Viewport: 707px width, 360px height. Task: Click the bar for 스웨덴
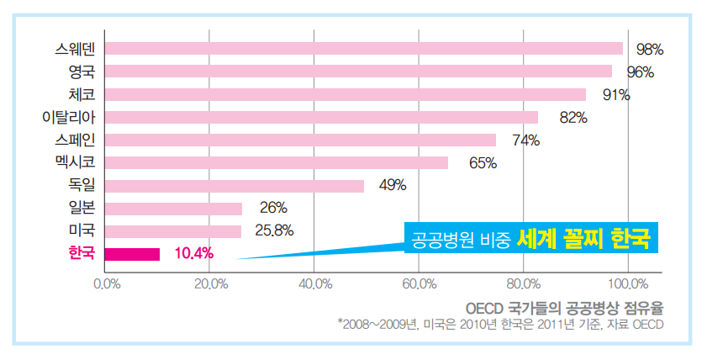[x=363, y=48]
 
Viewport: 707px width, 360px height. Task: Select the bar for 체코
[x=345, y=94]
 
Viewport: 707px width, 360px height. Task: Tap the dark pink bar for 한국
[x=132, y=253]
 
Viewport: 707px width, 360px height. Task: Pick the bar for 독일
[x=234, y=185]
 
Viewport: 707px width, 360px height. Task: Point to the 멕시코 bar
[x=276, y=162]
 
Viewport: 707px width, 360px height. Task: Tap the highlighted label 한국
[x=82, y=252]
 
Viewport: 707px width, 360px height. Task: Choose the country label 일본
[x=82, y=208]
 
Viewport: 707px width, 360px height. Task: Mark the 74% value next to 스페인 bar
[x=525, y=140]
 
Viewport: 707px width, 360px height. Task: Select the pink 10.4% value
[x=194, y=253]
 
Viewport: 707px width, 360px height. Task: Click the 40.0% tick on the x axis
[x=314, y=284]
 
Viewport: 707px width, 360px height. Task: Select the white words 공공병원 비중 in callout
[x=461, y=240]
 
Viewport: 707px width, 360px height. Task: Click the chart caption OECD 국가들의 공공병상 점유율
[x=563, y=307]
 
